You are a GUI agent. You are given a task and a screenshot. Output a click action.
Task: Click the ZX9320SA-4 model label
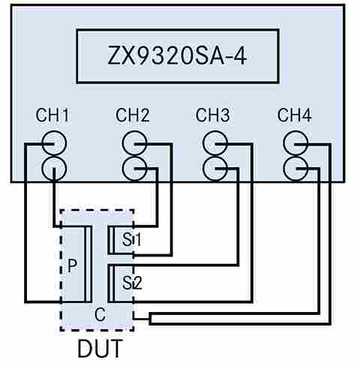[x=178, y=55]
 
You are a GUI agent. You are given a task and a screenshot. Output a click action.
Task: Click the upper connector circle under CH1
[x=53, y=143]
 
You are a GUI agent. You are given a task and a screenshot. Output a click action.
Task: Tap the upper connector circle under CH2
[x=134, y=143]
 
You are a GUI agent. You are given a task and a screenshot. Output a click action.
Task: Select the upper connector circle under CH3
[x=214, y=143]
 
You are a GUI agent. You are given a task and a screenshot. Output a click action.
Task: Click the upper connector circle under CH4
[x=295, y=143]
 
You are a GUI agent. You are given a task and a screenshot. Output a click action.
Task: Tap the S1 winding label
[x=121, y=239]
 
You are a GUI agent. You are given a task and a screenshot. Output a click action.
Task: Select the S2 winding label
[x=121, y=282]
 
